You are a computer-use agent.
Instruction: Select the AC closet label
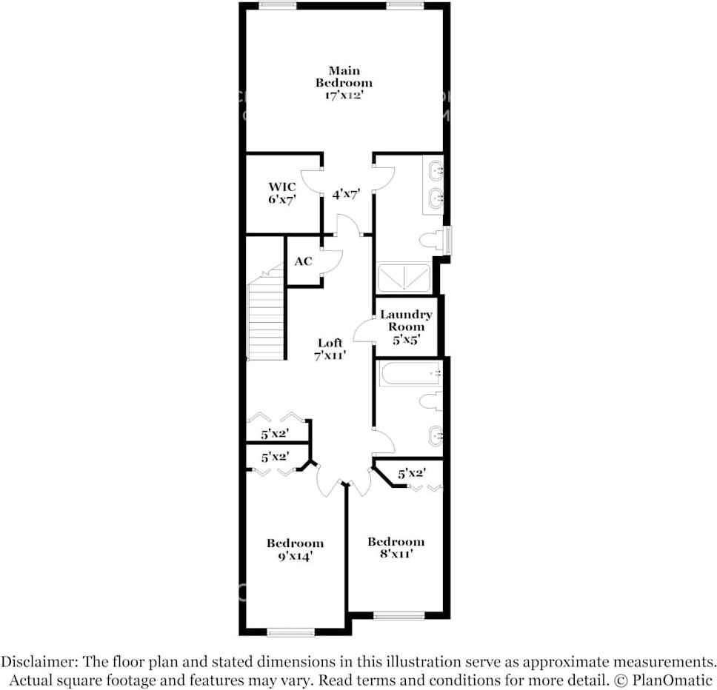pyautogui.click(x=303, y=261)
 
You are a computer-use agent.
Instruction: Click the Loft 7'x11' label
pyautogui.click(x=330, y=349)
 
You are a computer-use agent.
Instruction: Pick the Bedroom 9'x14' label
pyautogui.click(x=295, y=549)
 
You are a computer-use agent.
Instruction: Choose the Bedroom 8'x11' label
pyautogui.click(x=396, y=547)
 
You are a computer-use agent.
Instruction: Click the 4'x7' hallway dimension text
pyautogui.click(x=346, y=195)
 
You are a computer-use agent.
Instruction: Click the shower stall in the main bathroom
pyautogui.click(x=404, y=278)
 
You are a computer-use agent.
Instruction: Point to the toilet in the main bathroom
pyautogui.click(x=431, y=240)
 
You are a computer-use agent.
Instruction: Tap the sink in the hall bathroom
pyautogui.click(x=436, y=435)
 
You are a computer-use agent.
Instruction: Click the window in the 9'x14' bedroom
pyautogui.click(x=291, y=632)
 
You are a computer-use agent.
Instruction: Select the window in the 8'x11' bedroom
pyautogui.click(x=398, y=615)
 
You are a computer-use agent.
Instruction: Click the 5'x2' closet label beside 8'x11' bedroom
pyautogui.click(x=411, y=472)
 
